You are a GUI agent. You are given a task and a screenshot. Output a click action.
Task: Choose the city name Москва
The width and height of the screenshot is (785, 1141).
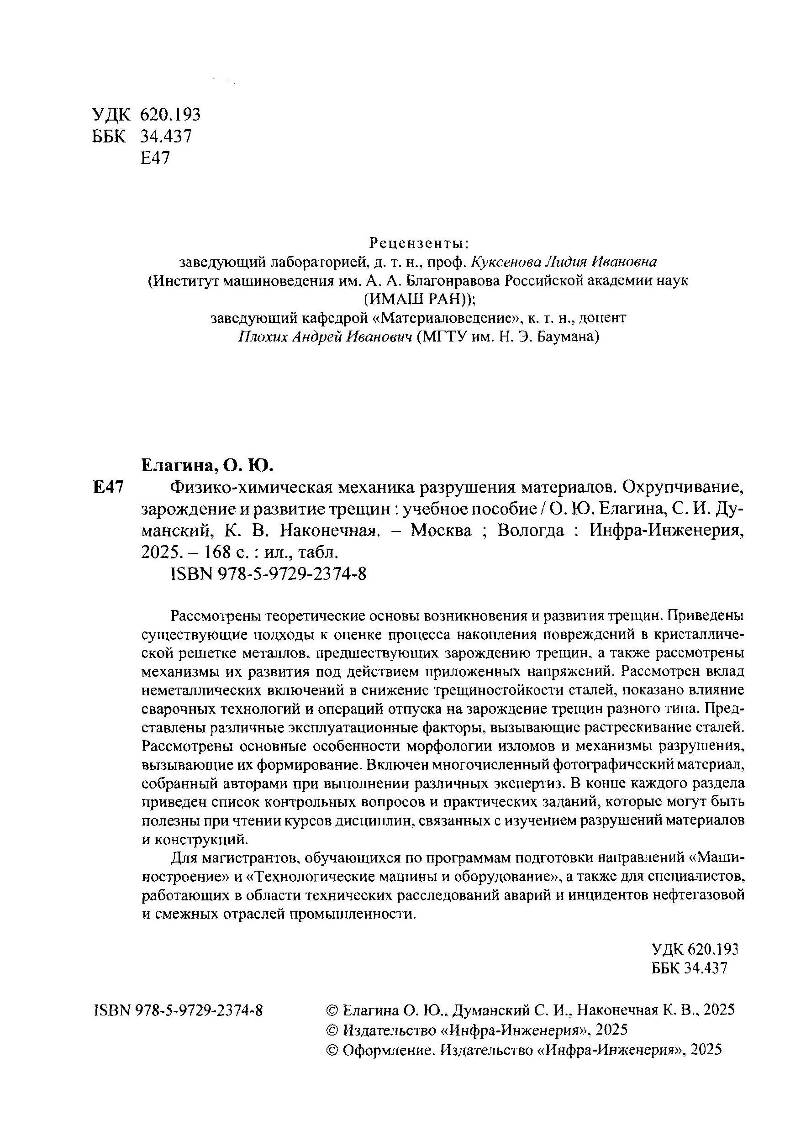tap(441, 531)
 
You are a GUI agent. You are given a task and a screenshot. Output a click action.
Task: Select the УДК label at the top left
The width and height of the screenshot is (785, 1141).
tap(111, 115)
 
